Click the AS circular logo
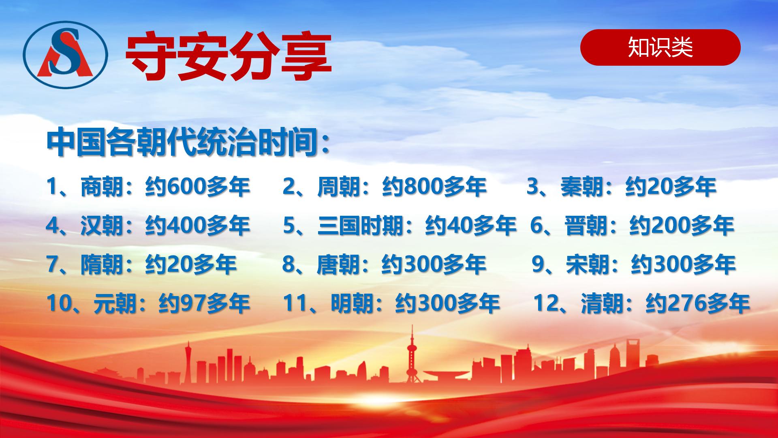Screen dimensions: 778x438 click(65, 55)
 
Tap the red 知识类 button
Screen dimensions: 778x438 click(660, 47)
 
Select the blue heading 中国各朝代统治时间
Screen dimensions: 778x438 click(188, 143)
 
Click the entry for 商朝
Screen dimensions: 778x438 click(148, 187)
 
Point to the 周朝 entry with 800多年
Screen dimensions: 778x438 click(384, 187)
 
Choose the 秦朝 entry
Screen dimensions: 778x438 click(621, 187)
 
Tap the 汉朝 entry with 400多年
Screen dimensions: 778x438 click(148, 225)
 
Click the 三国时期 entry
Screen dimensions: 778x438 click(400, 225)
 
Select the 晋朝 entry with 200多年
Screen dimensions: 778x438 click(632, 225)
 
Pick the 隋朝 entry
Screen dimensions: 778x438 click(141, 264)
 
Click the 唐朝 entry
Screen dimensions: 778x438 click(384, 264)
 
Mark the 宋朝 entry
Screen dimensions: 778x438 click(633, 264)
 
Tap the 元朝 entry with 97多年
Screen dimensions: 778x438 click(148, 303)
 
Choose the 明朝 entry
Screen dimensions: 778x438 click(391, 303)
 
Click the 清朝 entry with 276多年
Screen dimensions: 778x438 click(641, 303)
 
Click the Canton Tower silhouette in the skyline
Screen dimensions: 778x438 click(188, 363)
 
